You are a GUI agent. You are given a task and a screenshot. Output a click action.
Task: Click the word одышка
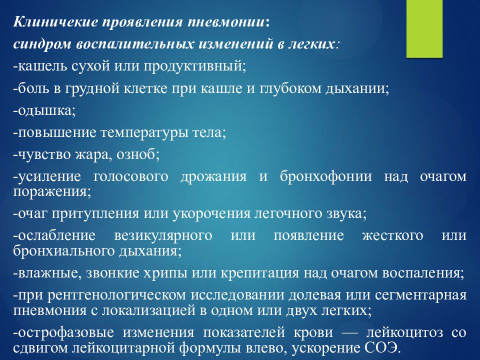(44, 110)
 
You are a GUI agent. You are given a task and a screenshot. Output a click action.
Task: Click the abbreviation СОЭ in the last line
(383, 348)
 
